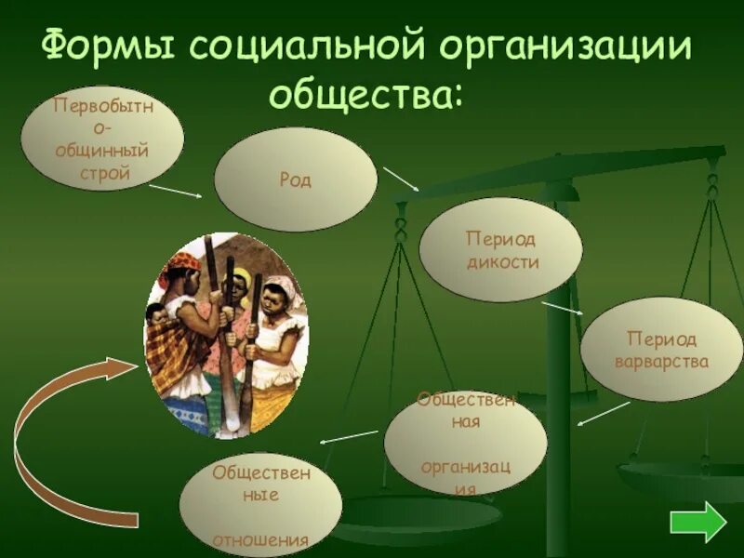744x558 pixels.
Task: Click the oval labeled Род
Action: [296, 179]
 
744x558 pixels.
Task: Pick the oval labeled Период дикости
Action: [500, 250]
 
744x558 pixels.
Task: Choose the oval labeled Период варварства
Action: [661, 349]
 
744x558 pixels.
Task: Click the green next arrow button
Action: [697, 522]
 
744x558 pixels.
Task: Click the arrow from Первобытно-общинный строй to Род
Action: [175, 191]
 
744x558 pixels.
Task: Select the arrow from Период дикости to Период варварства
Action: [563, 309]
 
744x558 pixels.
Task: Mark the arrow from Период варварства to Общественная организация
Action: [604, 413]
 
